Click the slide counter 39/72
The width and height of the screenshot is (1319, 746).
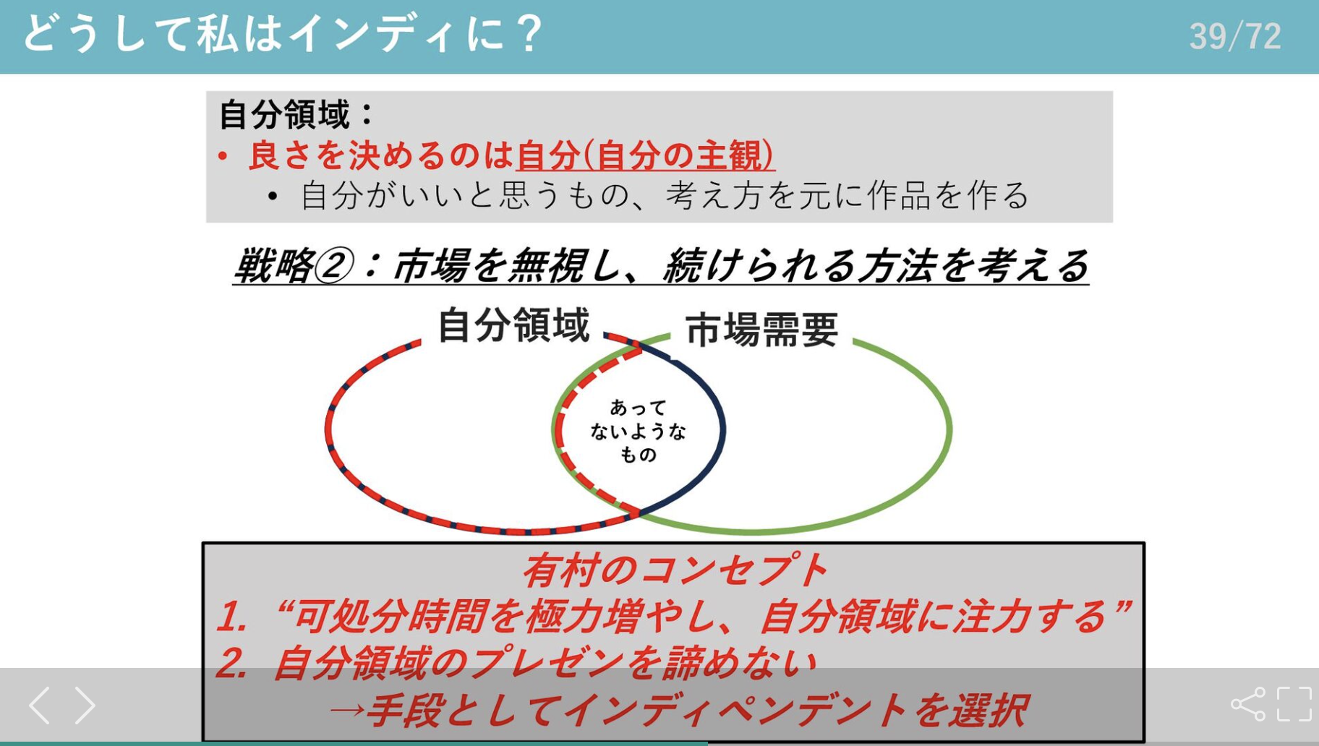(x=1235, y=36)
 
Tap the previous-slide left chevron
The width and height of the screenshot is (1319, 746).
(x=40, y=706)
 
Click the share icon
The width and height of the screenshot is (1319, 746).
(x=1248, y=704)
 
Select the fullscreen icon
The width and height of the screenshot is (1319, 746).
(x=1294, y=704)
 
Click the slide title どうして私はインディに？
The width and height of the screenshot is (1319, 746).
(x=282, y=34)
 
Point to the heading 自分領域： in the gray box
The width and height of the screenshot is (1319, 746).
(x=296, y=114)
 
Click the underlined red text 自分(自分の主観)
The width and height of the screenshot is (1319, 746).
(x=646, y=155)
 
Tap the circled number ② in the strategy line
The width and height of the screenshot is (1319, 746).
(x=333, y=265)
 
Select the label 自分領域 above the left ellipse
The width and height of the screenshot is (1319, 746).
(x=513, y=325)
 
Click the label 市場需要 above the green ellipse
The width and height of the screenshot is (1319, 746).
(x=761, y=330)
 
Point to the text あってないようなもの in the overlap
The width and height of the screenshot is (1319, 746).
(x=638, y=431)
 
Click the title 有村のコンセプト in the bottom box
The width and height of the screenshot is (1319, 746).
(x=674, y=570)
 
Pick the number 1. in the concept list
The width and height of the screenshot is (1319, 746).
(x=232, y=617)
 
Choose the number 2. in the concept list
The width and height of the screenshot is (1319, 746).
(x=232, y=663)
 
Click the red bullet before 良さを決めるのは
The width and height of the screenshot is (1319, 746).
(x=223, y=156)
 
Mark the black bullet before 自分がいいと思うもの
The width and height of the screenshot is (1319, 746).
(x=273, y=197)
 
